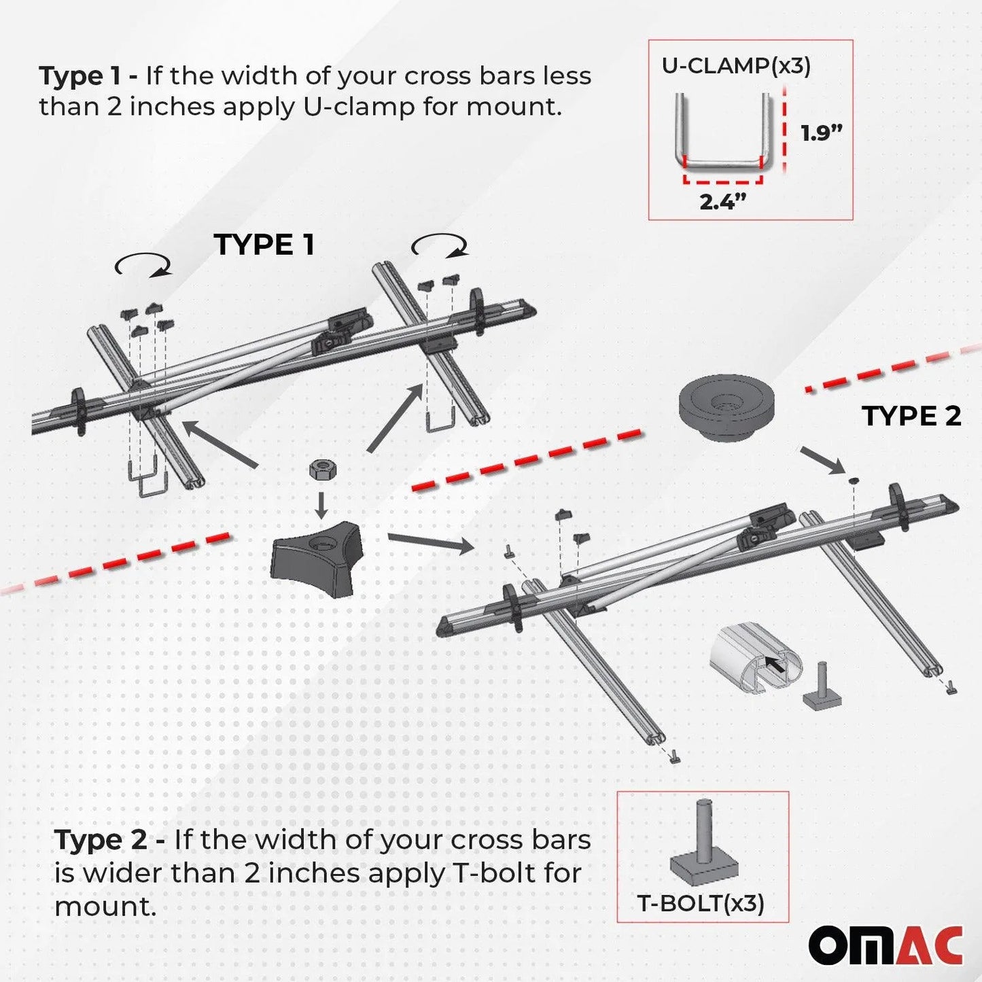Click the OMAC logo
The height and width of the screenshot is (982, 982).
(885, 945)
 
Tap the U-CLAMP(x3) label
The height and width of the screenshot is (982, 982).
(736, 66)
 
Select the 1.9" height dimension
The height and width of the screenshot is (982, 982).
(820, 133)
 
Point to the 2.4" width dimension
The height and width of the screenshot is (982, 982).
(722, 201)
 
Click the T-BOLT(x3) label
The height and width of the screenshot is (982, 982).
(701, 903)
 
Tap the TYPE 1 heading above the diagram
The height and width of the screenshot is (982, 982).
(264, 245)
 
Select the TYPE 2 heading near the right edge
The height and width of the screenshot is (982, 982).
(911, 416)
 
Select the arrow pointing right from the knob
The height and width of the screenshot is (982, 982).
(430, 542)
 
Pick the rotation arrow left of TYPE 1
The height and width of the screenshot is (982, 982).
(143, 266)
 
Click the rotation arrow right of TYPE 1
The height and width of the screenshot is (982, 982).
(440, 245)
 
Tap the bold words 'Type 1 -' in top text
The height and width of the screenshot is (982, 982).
(88, 76)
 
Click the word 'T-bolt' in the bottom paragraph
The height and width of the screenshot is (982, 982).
(493, 873)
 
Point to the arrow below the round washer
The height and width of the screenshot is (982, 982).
(823, 459)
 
